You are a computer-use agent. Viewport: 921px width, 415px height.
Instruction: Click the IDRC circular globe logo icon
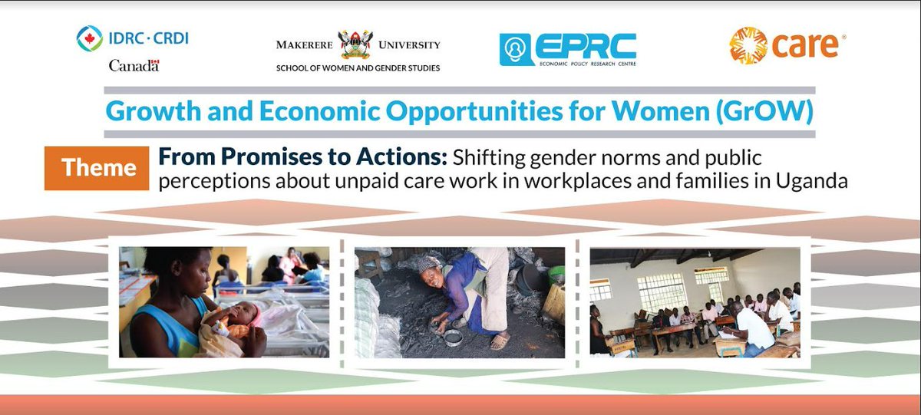pos(90,38)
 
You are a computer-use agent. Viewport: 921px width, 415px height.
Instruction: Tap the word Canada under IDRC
pos(134,66)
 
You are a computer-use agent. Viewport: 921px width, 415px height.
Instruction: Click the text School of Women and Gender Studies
pos(358,68)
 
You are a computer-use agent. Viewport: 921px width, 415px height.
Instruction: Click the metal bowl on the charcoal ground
pos(453,335)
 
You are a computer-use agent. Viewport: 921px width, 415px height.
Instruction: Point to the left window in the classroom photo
pos(600,289)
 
